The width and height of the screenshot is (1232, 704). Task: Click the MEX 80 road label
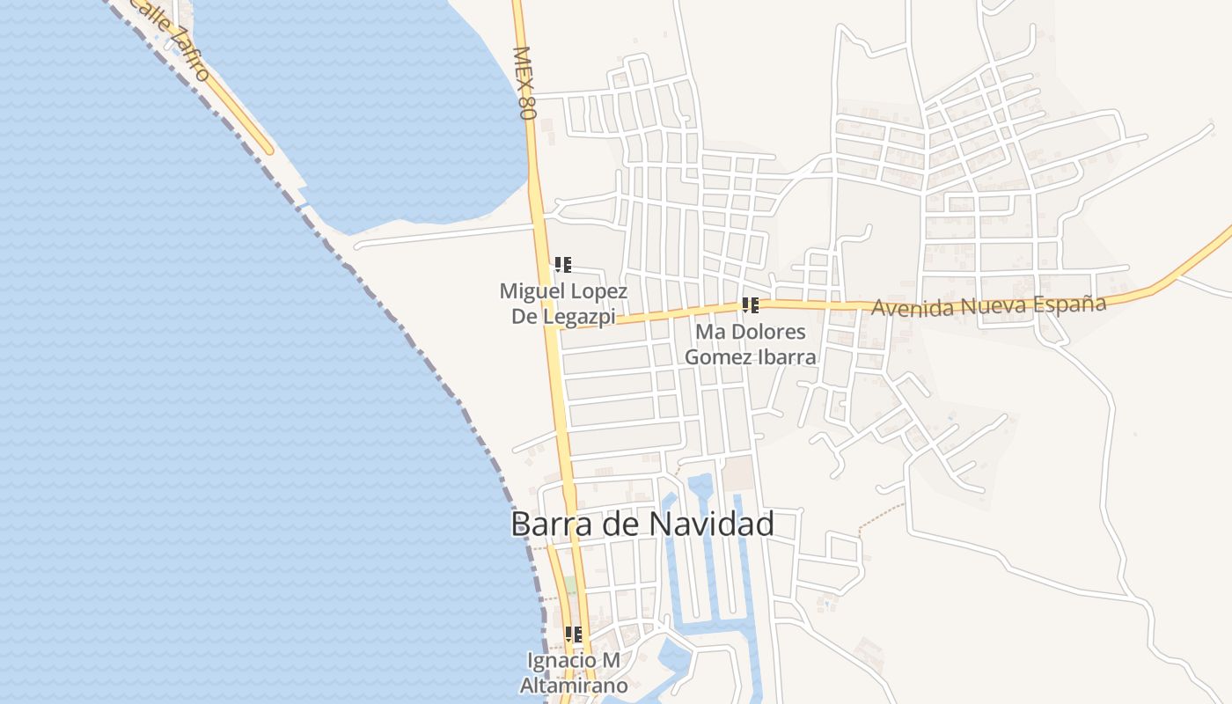tap(524, 83)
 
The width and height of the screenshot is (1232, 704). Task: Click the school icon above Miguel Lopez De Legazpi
tap(563, 264)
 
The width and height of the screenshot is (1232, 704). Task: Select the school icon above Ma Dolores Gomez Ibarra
tap(750, 305)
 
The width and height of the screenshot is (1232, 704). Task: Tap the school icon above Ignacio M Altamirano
tap(573, 634)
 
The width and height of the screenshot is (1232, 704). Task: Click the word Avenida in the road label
tap(911, 308)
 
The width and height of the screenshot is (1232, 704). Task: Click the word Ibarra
tap(787, 357)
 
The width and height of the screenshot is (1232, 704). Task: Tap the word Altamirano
tap(574, 686)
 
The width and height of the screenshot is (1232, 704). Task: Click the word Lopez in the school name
tap(595, 291)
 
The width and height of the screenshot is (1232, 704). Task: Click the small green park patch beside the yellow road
tap(570, 584)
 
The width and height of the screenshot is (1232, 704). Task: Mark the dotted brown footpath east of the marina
tap(880, 517)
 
